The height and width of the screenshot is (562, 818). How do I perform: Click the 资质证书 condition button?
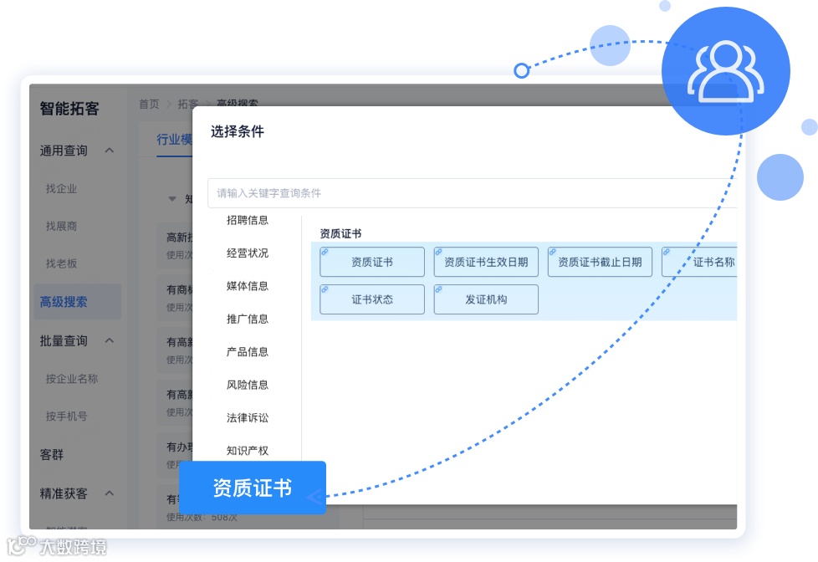tap(372, 262)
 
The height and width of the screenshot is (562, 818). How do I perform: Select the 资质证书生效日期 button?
tap(486, 262)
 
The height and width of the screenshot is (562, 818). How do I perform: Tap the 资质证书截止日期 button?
tap(600, 262)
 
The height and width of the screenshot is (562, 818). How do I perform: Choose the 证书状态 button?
tap(372, 299)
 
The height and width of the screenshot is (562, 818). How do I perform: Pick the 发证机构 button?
tap(486, 299)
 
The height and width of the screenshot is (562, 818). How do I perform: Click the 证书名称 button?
tap(703, 262)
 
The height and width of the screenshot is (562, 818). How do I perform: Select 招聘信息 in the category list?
tap(248, 221)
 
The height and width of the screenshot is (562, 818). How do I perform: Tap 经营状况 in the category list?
tap(248, 253)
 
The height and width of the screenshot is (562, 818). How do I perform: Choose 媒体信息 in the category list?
tap(248, 286)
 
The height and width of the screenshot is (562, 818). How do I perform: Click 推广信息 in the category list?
tap(248, 319)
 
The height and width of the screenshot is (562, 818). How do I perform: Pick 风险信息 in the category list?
tap(248, 385)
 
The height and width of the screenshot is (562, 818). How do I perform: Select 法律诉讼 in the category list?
tap(248, 417)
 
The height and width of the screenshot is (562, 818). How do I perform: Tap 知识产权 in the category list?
tap(248, 451)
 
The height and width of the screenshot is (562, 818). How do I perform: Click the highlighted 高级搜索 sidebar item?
tap(64, 302)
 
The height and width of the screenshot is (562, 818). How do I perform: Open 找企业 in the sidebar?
tap(61, 189)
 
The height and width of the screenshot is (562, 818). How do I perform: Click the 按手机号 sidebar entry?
tap(67, 416)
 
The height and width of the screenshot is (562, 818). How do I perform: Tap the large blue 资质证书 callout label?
tap(252, 488)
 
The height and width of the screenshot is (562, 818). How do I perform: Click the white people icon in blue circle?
tap(725, 71)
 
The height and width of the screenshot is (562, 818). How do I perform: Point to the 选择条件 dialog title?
tap(238, 131)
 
